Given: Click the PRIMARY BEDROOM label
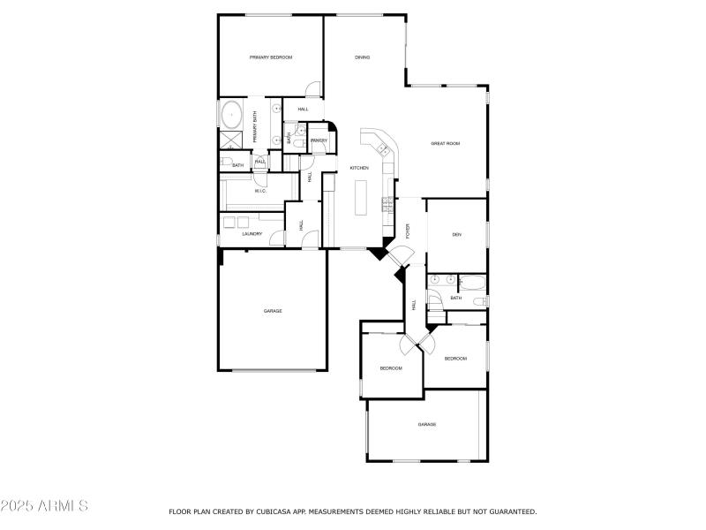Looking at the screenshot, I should click(271, 57).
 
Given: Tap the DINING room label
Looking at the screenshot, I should click(363, 57).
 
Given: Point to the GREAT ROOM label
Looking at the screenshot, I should click(445, 143).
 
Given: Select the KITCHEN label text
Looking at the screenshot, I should click(359, 168).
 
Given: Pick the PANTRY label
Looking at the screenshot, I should click(319, 140).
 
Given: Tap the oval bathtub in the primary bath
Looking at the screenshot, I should click(232, 115).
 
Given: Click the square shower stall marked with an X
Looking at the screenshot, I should click(231, 140).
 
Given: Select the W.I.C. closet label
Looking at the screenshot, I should click(261, 191).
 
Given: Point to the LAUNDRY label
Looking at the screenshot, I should click(252, 234).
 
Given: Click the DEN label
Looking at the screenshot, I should click(457, 234).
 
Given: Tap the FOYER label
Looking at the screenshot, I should click(408, 231).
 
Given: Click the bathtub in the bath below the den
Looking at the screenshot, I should click(471, 283).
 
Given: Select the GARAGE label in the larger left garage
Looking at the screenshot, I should click(273, 311).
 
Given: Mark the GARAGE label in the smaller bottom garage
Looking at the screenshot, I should click(427, 425).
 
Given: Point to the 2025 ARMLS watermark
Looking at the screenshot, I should click(44, 507).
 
